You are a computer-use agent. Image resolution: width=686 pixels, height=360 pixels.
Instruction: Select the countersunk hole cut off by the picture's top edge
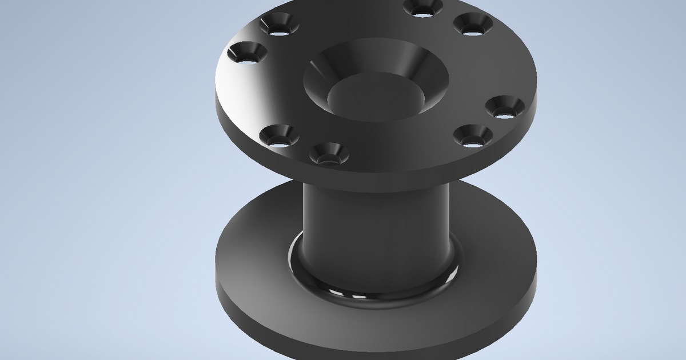pyautogui.click(x=423, y=7)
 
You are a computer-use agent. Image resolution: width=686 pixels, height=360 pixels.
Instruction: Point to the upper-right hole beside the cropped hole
pyautogui.click(x=473, y=25)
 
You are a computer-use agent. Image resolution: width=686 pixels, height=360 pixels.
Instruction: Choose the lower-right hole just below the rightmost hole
pyautogui.click(x=473, y=137)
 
